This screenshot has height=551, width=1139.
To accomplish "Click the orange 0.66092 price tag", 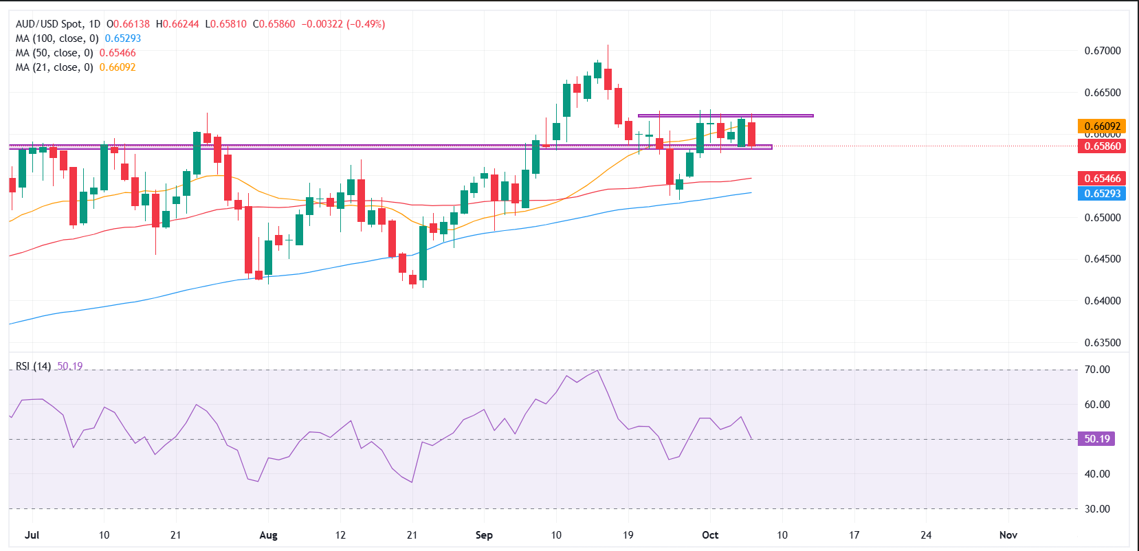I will coord(1102,126).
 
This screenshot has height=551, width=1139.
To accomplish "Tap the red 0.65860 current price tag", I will coord(1102,146).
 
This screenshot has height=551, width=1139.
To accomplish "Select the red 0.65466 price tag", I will coord(1102,179).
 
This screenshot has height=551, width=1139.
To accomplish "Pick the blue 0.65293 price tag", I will coord(1102,194).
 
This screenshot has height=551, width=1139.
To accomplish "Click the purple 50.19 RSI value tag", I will coord(1096,439).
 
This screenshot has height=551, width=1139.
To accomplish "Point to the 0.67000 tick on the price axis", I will coord(1102,51).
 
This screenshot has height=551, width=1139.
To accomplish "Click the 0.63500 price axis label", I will coord(1102,343).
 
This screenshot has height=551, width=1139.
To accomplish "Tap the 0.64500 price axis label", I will coord(1102,259).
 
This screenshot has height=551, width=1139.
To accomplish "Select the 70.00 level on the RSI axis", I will coord(1097,370).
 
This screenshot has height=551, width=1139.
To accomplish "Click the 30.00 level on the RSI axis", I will coord(1097,509).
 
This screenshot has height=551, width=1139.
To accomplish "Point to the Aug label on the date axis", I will coord(268,535).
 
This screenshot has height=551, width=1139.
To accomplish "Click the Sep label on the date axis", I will coord(484,535).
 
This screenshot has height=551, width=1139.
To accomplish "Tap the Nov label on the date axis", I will coord(1008,535).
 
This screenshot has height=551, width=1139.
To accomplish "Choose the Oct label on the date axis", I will coord(710,535).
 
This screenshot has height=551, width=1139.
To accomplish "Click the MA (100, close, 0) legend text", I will coord(57,38).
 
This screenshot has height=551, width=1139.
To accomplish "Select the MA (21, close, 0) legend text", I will coord(54,67).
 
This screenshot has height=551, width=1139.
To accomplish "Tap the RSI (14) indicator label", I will coord(33,366).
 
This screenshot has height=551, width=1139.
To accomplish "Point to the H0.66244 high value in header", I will coord(177,24).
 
